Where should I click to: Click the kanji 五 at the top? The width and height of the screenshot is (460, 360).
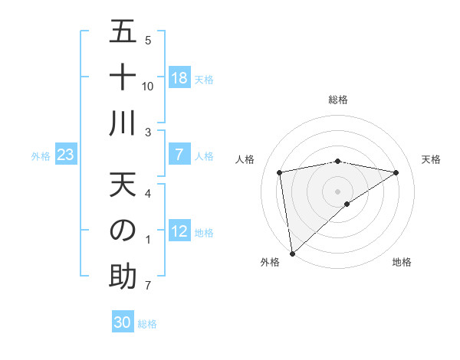click(123, 32)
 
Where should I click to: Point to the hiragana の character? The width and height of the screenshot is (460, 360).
click(123, 230)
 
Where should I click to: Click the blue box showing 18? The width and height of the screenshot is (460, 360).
click(179, 78)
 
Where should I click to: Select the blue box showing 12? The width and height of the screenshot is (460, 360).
click(179, 232)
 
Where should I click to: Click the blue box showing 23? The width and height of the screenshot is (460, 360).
click(66, 155)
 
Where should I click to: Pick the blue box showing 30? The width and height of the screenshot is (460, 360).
click(123, 322)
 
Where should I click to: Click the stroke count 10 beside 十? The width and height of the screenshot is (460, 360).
click(148, 86)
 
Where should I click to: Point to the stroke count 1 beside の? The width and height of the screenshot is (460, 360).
click(148, 241)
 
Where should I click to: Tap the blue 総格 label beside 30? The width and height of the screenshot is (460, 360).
click(147, 324)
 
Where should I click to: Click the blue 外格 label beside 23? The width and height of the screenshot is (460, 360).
click(41, 156)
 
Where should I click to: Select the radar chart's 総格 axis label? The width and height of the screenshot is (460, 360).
click(337, 100)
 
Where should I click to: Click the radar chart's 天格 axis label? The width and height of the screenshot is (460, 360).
click(432, 159)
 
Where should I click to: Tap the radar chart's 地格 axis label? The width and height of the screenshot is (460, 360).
click(402, 262)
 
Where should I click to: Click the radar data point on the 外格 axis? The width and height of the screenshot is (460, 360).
click(292, 253)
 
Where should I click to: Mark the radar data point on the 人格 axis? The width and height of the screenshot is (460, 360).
click(280, 172)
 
